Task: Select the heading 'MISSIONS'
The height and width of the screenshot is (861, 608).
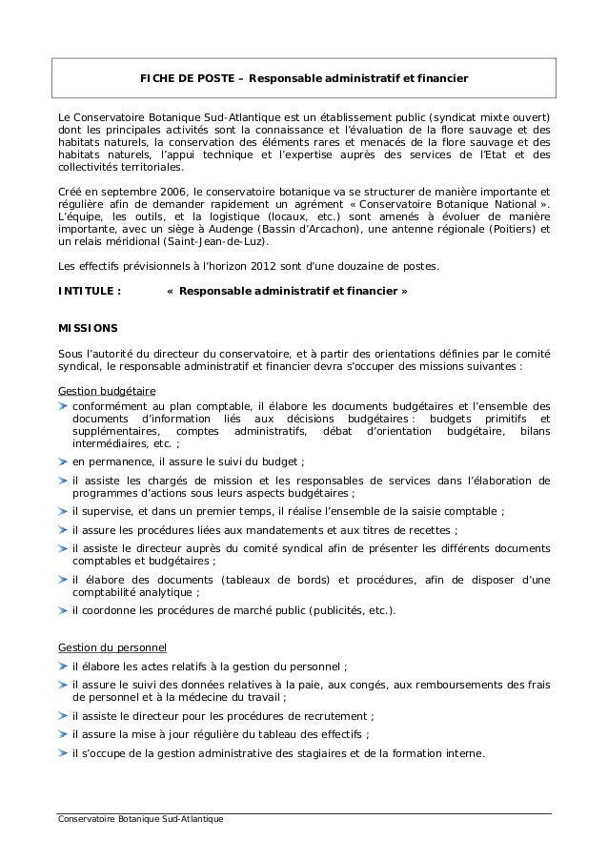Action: (x=89, y=327)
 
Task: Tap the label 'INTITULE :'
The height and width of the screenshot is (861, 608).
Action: (x=90, y=290)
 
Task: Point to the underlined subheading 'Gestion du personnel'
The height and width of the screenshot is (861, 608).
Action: (x=112, y=647)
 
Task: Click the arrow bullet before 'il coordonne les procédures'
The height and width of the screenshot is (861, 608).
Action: (x=64, y=610)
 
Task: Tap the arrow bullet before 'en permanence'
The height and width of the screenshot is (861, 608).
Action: (x=64, y=462)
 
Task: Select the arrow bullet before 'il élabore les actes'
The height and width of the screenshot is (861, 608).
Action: (x=64, y=666)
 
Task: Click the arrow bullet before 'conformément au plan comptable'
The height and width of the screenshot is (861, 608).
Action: (x=64, y=405)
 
